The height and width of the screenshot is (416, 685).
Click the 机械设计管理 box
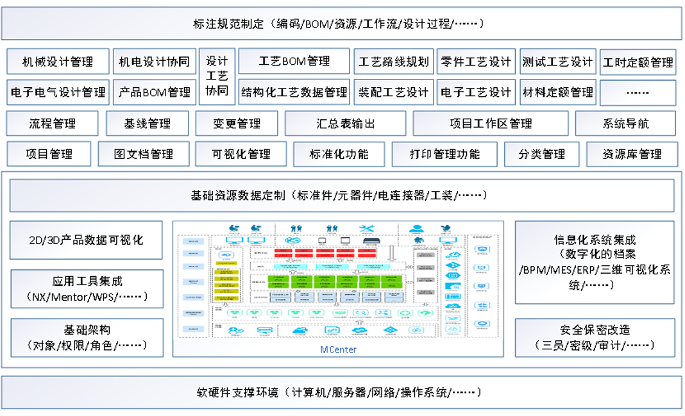click(x=58, y=62)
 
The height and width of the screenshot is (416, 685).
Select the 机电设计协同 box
click(x=154, y=62)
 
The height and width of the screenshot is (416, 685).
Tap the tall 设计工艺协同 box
click(x=217, y=76)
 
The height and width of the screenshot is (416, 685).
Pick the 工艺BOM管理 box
click(x=294, y=62)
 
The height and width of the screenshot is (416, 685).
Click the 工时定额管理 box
click(x=638, y=62)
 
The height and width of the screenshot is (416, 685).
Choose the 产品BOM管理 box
click(x=154, y=92)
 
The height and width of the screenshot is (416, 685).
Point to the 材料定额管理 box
click(x=557, y=92)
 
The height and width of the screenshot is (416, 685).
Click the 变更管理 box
click(x=237, y=124)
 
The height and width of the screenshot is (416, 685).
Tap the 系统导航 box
click(x=625, y=124)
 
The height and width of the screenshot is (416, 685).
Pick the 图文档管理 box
click(x=144, y=154)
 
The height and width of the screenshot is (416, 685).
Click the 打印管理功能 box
click(x=444, y=154)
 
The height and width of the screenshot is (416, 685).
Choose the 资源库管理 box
click(x=632, y=154)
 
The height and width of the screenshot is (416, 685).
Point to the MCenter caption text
click(x=339, y=349)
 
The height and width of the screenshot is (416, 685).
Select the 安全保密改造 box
click(x=595, y=337)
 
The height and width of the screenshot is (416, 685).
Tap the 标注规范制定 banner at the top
click(x=341, y=24)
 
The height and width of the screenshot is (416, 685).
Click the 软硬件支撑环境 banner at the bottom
click(x=341, y=392)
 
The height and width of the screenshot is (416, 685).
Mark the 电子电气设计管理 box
click(x=58, y=92)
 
